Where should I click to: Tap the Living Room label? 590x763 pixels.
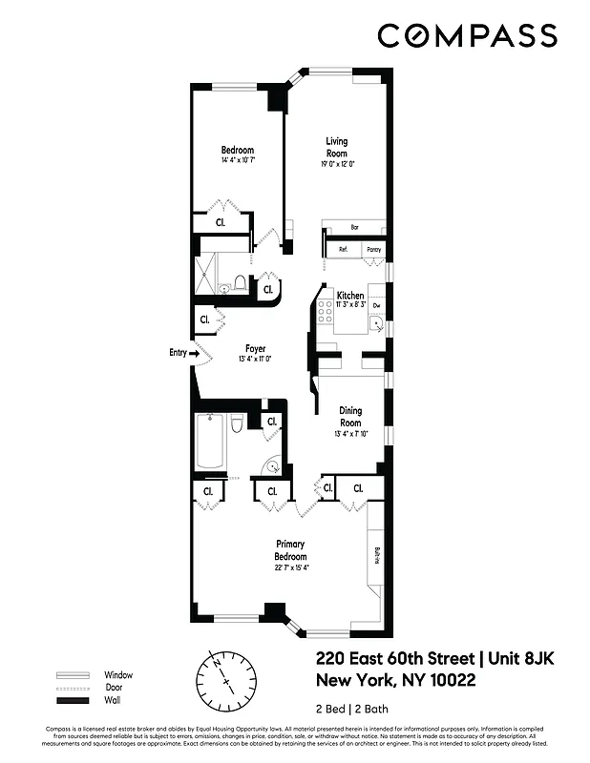tap(337, 147)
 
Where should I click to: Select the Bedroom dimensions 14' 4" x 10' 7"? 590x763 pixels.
tap(238, 161)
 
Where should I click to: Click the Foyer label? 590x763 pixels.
tap(255, 348)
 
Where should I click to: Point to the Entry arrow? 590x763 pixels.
tap(194, 353)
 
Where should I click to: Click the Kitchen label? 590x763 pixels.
tap(349, 296)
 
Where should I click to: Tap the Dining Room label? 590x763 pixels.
tap(350, 417)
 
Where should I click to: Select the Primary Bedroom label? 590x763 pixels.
tap(290, 550)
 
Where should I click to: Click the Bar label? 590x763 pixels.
tap(354, 228)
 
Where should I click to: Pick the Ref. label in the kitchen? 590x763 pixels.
tap(342, 250)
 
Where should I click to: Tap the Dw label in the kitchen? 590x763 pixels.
tap(376, 306)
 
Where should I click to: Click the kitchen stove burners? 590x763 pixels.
tap(325, 307)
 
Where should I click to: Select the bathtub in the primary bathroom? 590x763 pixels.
tap(210, 441)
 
